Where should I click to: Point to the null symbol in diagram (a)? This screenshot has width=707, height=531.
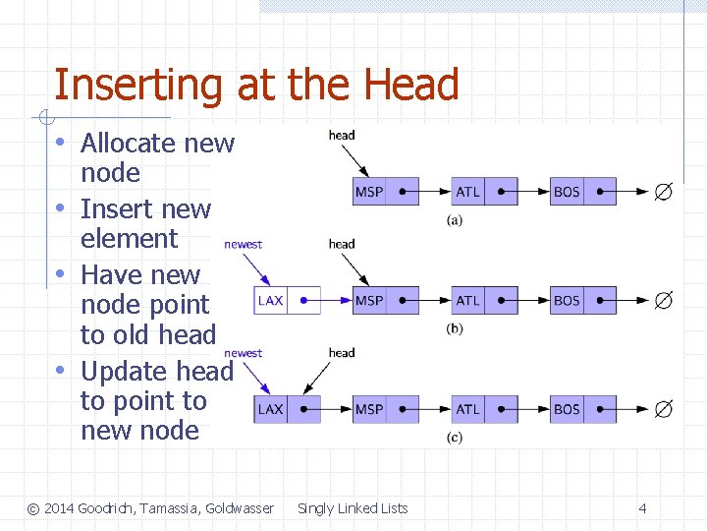coord(664,192)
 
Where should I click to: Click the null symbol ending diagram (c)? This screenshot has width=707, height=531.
coord(664,409)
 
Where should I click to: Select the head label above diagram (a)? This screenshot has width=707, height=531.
coord(342,135)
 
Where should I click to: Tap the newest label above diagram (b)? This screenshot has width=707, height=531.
coord(244,244)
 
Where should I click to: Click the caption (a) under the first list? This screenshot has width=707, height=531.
coord(455,220)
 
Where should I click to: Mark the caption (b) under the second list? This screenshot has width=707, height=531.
coord(455,328)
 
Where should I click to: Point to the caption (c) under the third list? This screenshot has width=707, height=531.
coord(455,438)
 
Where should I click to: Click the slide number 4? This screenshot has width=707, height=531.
coord(642,508)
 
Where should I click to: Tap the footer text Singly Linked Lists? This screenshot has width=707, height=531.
coord(353,508)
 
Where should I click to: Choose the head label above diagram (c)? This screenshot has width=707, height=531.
coord(342,352)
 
